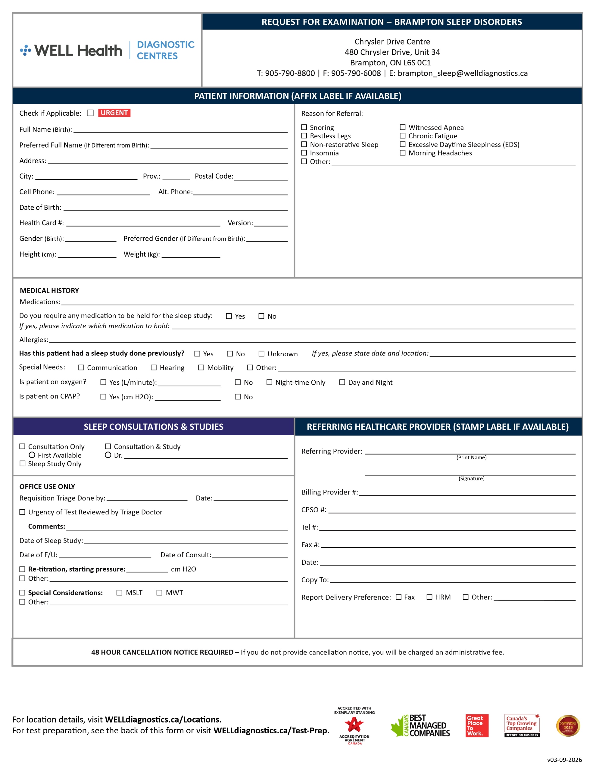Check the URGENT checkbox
point(90,113)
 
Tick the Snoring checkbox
point(304,127)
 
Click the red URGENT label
point(114,113)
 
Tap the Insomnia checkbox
point(304,153)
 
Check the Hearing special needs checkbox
point(154,367)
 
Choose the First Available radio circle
point(32,455)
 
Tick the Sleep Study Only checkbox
point(23,464)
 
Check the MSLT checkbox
point(119,593)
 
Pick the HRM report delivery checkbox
point(429,597)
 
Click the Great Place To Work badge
point(477,726)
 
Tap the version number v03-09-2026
point(564,760)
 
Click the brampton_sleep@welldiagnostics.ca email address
point(463,73)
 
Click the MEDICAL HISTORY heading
point(49,291)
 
